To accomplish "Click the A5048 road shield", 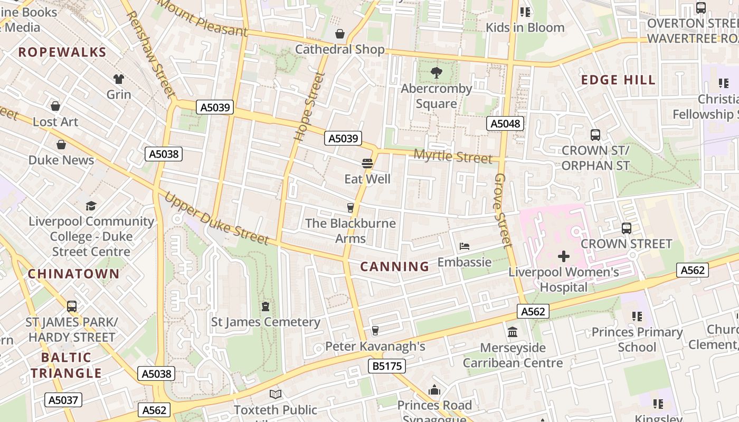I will tap(505, 124).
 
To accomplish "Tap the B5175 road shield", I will tap(386, 366).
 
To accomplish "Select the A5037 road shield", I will tap(63, 400).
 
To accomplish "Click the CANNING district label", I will tap(395, 266).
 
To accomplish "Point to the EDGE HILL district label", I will tap(618, 80).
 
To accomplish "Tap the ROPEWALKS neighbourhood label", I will tap(62, 52).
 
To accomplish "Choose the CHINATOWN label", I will tap(74, 274).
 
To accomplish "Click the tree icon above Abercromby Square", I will tap(436, 73).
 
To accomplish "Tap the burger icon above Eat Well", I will tap(367, 164).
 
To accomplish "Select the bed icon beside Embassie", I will tap(465, 246).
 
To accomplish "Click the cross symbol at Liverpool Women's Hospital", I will tap(564, 257).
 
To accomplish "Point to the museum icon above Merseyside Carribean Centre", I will tap(513, 332).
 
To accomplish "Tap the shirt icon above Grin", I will tap(119, 79).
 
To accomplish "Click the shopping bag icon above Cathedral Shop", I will tap(340, 34).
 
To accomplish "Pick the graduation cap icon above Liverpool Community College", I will tap(91, 206).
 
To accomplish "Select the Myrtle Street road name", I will tap(453, 157).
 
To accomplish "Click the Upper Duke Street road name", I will tap(217, 218).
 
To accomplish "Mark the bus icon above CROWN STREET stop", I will tap(627, 228).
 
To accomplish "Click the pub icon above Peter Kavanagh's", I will tap(375, 331).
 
